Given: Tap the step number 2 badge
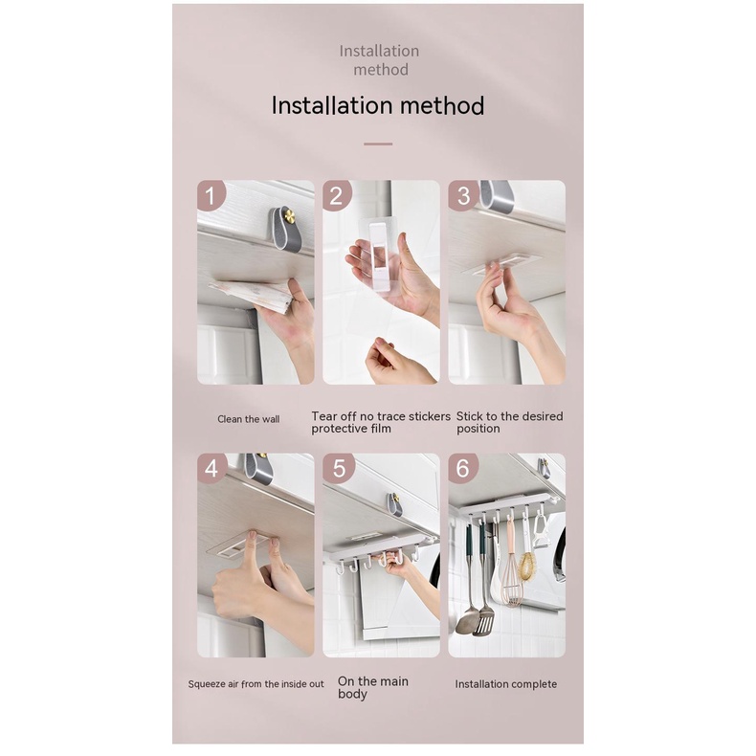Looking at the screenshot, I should tap(337, 196).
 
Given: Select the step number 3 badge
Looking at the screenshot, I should tap(463, 196).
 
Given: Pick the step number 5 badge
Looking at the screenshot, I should tap(337, 469).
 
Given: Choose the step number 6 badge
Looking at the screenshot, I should tap(463, 469).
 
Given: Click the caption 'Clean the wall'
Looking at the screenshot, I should tap(249, 419).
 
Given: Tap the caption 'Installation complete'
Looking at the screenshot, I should tap(505, 684).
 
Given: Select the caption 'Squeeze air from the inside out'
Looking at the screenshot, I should tap(256, 684).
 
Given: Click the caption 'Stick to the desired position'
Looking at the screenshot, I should tap(509, 422).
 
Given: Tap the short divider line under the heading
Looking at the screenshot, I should tap(378, 144).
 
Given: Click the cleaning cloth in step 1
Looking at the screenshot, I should tap(253, 295).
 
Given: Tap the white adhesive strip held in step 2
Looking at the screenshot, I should tap(380, 255).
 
